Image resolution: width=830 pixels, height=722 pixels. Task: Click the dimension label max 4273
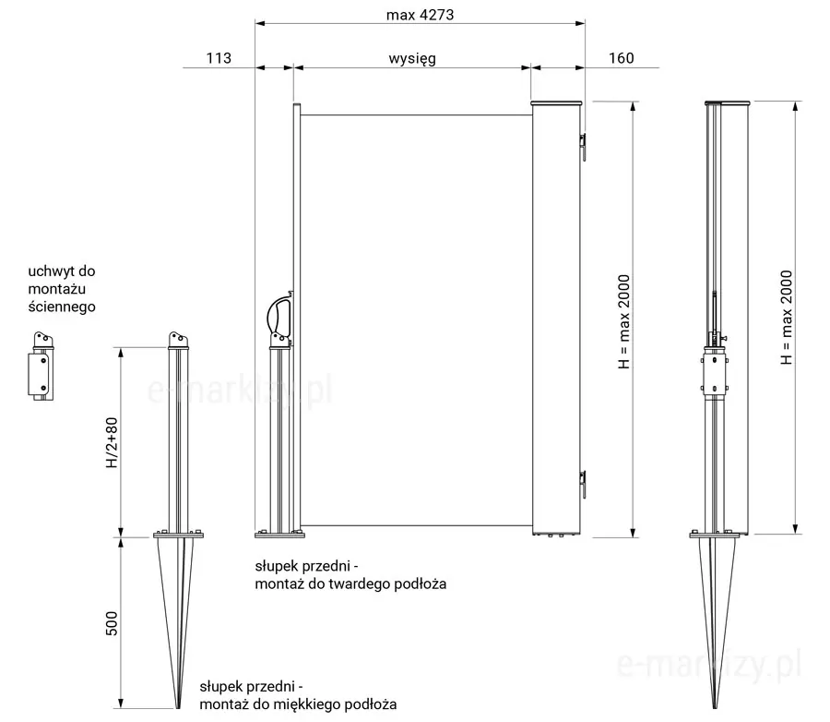tap(420, 15)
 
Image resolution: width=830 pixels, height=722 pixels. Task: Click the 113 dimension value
tap(219, 58)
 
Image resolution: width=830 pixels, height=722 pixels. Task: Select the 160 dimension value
tap(621, 58)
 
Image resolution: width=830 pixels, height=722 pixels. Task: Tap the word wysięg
tap(412, 58)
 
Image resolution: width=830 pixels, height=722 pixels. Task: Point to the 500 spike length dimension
tap(112, 623)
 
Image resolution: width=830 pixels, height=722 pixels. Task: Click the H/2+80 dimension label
tap(112, 442)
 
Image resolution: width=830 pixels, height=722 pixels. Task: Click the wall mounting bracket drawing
tap(41, 366)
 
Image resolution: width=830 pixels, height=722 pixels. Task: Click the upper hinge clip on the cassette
tap(583, 146)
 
